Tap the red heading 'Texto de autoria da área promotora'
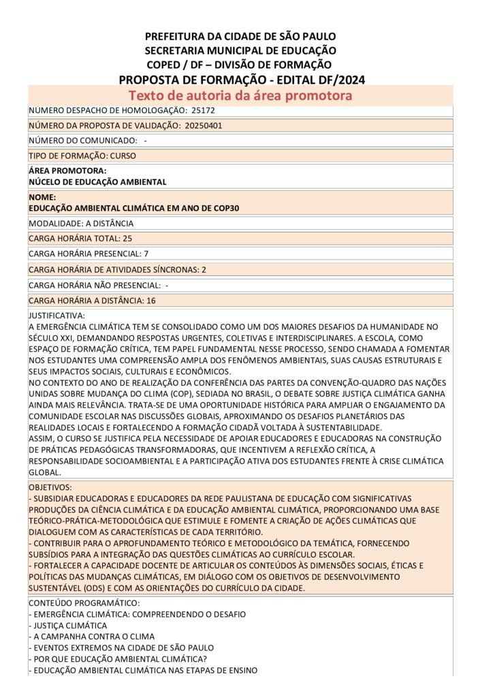tap(240, 95)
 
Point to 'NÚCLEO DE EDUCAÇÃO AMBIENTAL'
tap(97, 182)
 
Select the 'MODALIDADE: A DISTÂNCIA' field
tap(81, 223)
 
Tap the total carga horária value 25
tap(127, 239)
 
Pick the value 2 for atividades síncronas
tap(204, 269)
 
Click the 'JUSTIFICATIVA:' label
tap(57, 316)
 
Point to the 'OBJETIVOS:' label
tap(50, 488)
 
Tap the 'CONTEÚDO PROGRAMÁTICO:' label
tap(84, 603)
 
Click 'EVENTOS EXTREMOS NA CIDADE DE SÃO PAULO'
tap(123, 648)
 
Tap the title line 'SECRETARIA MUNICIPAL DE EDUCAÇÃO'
tap(240, 50)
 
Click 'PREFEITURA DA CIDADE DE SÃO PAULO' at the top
tap(240, 36)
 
